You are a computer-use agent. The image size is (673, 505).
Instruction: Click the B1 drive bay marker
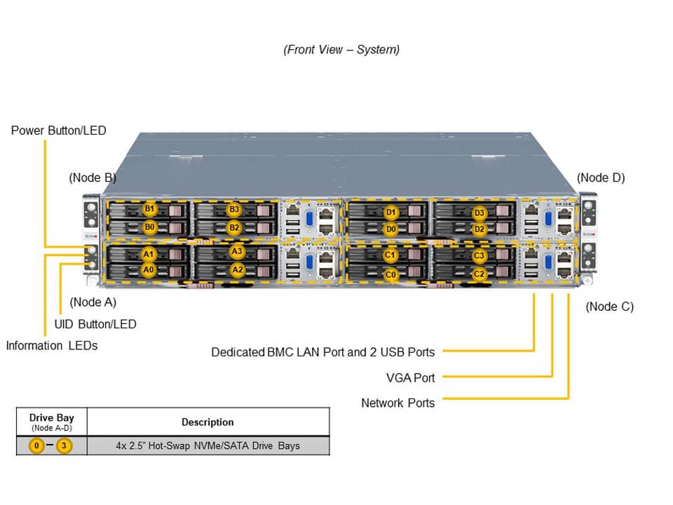click(x=149, y=209)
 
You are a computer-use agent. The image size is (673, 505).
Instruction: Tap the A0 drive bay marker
click(x=148, y=269)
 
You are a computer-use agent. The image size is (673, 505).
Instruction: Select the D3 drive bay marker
click(x=480, y=213)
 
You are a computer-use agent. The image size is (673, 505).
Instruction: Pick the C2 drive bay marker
click(x=480, y=274)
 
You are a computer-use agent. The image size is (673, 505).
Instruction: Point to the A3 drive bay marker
click(x=237, y=251)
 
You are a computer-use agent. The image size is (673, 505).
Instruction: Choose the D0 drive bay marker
click(x=391, y=229)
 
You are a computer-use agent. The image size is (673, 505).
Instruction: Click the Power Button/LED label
click(x=58, y=130)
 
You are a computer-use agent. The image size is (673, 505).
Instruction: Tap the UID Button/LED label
click(x=95, y=324)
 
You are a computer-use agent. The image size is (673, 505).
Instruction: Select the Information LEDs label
click(x=51, y=345)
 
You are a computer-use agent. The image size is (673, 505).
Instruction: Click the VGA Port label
click(x=411, y=377)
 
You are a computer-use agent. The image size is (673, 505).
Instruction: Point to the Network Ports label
click(x=397, y=403)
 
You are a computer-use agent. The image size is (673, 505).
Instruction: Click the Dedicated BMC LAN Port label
click(x=322, y=352)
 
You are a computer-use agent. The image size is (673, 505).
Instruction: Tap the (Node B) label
click(x=93, y=177)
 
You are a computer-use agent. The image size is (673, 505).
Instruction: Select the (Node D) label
click(x=601, y=177)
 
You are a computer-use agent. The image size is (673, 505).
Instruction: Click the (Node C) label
click(x=609, y=307)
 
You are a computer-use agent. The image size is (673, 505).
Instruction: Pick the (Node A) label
click(x=93, y=302)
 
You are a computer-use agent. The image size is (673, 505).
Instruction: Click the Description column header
click(x=208, y=422)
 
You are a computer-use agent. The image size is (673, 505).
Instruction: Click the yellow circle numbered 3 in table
click(x=64, y=445)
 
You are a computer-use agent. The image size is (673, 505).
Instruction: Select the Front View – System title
click(x=341, y=50)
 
